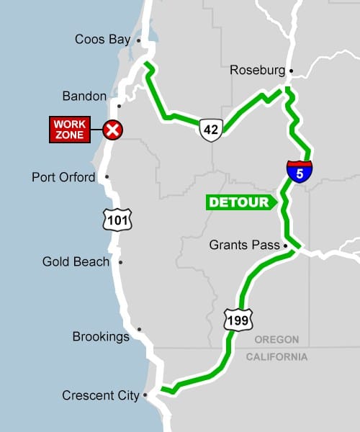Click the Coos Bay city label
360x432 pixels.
click(102, 40)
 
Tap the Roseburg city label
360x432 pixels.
click(257, 71)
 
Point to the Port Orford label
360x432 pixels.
click(63, 177)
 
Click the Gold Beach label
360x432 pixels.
click(76, 262)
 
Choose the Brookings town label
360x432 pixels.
click(101, 336)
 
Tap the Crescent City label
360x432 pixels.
click(100, 395)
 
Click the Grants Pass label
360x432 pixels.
click(243, 246)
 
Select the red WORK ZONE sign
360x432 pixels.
click(71, 130)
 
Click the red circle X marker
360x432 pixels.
click(112, 130)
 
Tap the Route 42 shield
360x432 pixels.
click(210, 130)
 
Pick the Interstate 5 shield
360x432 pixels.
click(300, 171)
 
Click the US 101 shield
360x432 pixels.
click(116, 219)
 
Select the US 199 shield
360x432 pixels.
click(237, 318)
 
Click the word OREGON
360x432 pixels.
click(277, 340)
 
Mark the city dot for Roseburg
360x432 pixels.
click(291, 71)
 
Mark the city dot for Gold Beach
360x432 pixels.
click(120, 262)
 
